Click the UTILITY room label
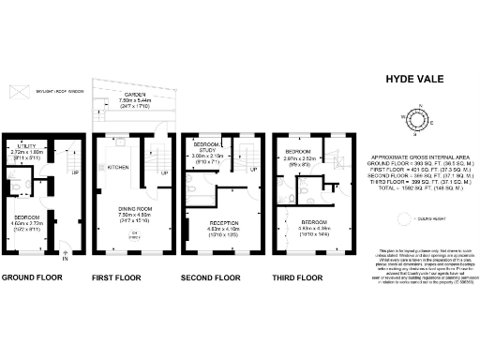click(29, 147)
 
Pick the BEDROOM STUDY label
click(205, 153)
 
